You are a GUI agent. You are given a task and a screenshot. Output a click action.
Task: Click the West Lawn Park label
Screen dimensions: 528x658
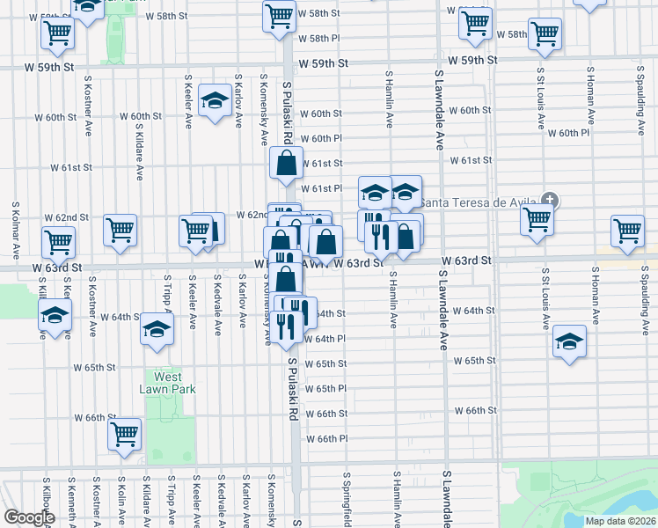tap(167, 383)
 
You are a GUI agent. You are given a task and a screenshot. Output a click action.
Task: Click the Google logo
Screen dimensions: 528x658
tap(29, 517)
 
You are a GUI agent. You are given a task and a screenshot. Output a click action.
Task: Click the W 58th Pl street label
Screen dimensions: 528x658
tap(318, 39)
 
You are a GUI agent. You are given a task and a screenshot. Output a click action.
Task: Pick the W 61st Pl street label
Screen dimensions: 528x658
tap(321, 188)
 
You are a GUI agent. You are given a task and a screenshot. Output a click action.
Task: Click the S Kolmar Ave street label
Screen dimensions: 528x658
tap(15, 229)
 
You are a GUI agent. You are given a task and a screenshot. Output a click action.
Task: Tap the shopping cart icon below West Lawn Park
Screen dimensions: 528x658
tap(125, 433)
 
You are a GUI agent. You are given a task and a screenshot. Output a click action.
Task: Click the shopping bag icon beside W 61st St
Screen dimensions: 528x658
tap(286, 164)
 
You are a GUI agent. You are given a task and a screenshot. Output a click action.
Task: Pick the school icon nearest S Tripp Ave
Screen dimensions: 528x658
tap(157, 329)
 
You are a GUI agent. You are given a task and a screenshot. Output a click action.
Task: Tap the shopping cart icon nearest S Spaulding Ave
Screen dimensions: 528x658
tap(628, 231)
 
